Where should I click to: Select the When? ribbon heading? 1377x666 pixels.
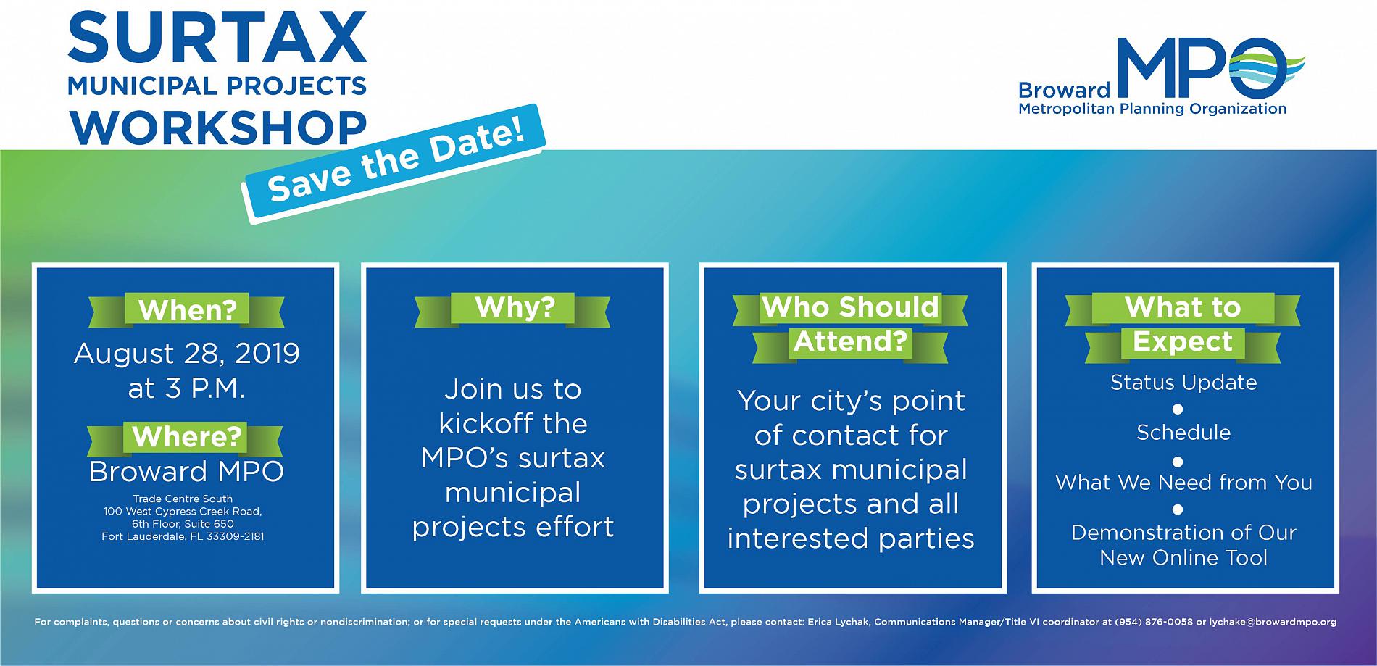[187, 310]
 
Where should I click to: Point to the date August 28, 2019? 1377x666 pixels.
[187, 354]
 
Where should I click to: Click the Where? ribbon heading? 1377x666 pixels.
[186, 437]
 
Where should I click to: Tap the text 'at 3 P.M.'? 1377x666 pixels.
[187, 388]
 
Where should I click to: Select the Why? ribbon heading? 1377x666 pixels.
[514, 307]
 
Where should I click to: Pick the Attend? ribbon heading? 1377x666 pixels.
[850, 341]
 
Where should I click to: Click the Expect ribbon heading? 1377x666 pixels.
[1182, 341]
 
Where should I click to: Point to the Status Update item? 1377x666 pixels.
[1183, 383]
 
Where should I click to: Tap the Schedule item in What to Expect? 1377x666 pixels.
[1183, 433]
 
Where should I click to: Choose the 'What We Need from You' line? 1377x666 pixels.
[1183, 483]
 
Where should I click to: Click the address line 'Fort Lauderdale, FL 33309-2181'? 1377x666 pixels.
[183, 537]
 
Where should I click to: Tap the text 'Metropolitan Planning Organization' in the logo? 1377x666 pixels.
[1152, 109]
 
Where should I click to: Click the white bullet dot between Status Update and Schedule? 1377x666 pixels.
[1178, 409]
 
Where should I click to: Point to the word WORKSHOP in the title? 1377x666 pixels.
[217, 126]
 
